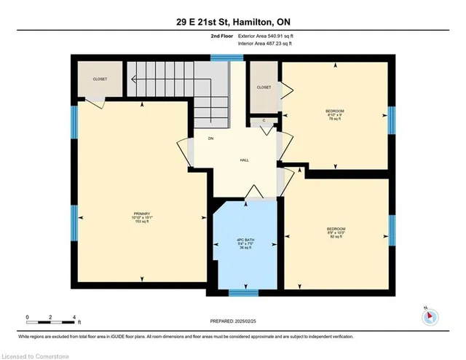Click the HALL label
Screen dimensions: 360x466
[x=245, y=160]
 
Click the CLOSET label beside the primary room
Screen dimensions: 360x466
[x=100, y=79]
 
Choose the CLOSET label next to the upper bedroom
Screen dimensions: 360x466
[x=264, y=87]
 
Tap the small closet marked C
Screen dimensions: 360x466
[x=264, y=121]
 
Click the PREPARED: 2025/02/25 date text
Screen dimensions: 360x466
[x=233, y=321]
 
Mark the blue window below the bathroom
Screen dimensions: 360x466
[x=244, y=293]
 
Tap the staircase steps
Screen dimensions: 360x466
[x=175, y=84]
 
